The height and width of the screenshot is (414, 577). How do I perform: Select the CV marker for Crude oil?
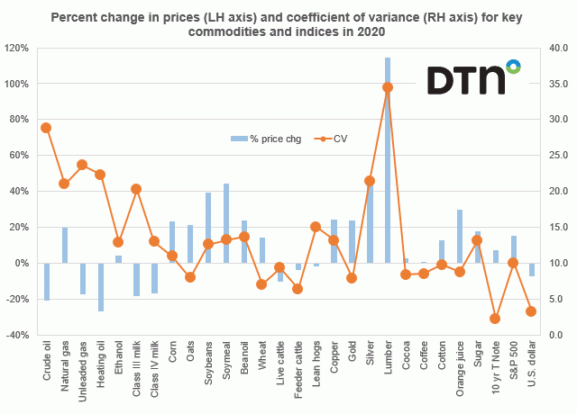click(46, 128)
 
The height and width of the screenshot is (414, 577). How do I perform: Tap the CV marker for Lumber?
click(388, 87)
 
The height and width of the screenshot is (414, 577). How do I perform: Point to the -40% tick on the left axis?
click(19, 335)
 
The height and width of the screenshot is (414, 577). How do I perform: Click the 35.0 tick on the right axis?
click(555, 83)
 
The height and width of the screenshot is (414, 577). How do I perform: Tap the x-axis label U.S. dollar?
click(531, 364)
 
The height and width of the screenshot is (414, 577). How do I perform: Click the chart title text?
click(288, 23)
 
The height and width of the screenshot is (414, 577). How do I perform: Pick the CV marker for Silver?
click(370, 181)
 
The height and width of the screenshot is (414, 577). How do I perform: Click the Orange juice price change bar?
click(459, 236)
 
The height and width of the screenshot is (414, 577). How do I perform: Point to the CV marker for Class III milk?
click(136, 189)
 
